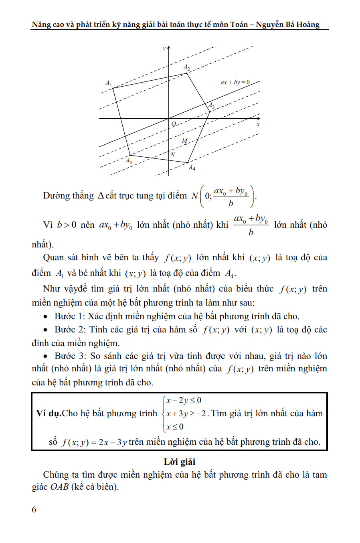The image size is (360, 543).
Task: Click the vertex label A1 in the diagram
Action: (x=109, y=83)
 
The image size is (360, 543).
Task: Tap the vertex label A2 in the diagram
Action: (x=187, y=67)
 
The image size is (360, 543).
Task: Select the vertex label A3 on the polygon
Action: (x=211, y=106)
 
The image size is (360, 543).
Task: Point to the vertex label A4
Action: (x=192, y=167)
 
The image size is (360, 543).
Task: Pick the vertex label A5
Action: (x=129, y=160)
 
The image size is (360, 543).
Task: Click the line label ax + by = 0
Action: (x=235, y=82)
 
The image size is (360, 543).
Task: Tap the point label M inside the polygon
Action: (x=184, y=141)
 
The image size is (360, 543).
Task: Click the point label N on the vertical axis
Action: (x=173, y=154)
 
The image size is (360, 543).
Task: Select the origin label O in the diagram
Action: (x=174, y=124)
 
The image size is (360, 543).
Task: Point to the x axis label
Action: (x=258, y=124)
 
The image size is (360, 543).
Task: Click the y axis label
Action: (x=164, y=48)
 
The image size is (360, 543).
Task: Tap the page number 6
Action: (x=34, y=509)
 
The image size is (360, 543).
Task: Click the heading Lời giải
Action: (x=180, y=462)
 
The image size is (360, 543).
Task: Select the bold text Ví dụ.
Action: (x=49, y=413)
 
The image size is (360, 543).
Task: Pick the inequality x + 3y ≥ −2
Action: (x=186, y=413)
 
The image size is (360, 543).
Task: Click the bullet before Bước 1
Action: (x=46, y=317)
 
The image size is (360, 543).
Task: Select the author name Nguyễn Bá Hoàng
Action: (x=287, y=24)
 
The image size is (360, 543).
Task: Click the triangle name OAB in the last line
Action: (x=59, y=488)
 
